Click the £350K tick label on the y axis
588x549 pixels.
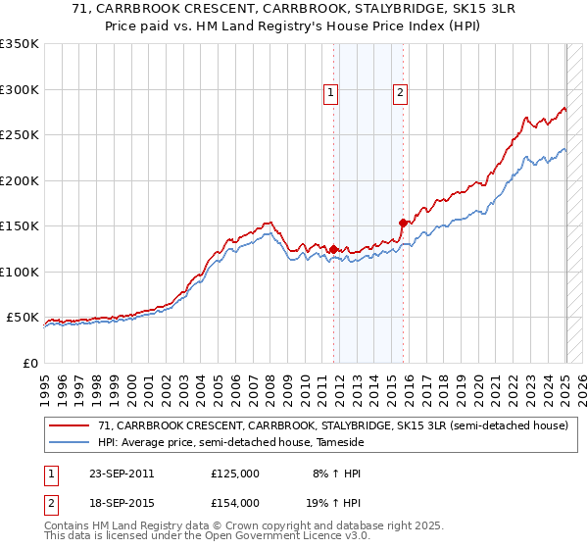tap(19, 44)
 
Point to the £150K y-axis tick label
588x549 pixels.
tap(19, 226)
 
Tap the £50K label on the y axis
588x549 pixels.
tap(23, 318)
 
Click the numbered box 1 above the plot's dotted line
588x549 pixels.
tap(331, 93)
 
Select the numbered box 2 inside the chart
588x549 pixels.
tap(401, 93)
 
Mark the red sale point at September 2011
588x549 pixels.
tap(334, 249)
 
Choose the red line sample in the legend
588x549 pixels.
tap(69, 426)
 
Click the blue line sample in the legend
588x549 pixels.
tap(69, 443)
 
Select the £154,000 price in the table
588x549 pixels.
tap(235, 503)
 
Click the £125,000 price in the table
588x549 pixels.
tap(235, 474)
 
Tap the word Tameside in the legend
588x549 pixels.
tap(338, 443)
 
